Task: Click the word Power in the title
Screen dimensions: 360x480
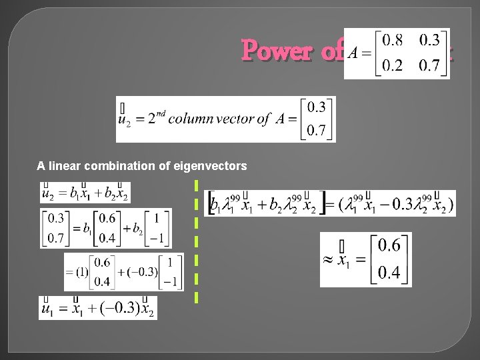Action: point(278,50)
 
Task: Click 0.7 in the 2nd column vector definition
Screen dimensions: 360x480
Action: point(316,131)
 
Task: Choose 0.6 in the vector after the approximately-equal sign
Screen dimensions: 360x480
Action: point(389,247)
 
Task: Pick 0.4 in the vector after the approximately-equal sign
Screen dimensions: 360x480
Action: point(389,273)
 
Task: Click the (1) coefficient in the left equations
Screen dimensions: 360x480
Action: point(82,271)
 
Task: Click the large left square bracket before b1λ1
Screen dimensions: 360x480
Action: point(211,203)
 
